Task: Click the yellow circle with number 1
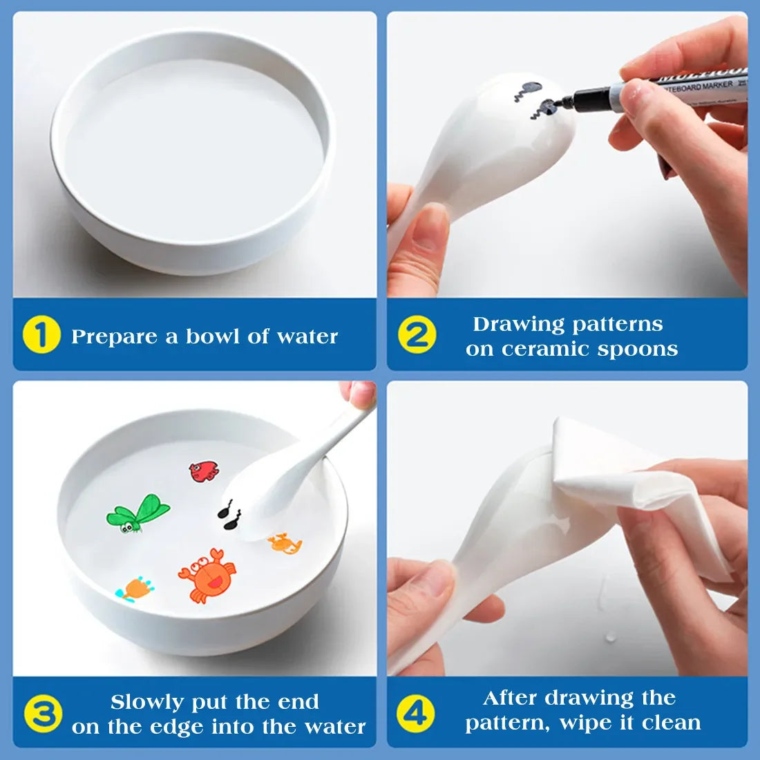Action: click(41, 335)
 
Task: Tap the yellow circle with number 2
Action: click(417, 335)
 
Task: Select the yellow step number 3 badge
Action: click(43, 714)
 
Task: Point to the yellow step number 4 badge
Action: click(416, 712)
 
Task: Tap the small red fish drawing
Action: click(204, 471)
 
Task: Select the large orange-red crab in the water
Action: click(207, 574)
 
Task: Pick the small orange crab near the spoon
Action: click(285, 544)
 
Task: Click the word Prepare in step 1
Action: click(114, 337)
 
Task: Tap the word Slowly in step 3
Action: click(147, 703)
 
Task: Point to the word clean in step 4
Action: click(671, 723)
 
